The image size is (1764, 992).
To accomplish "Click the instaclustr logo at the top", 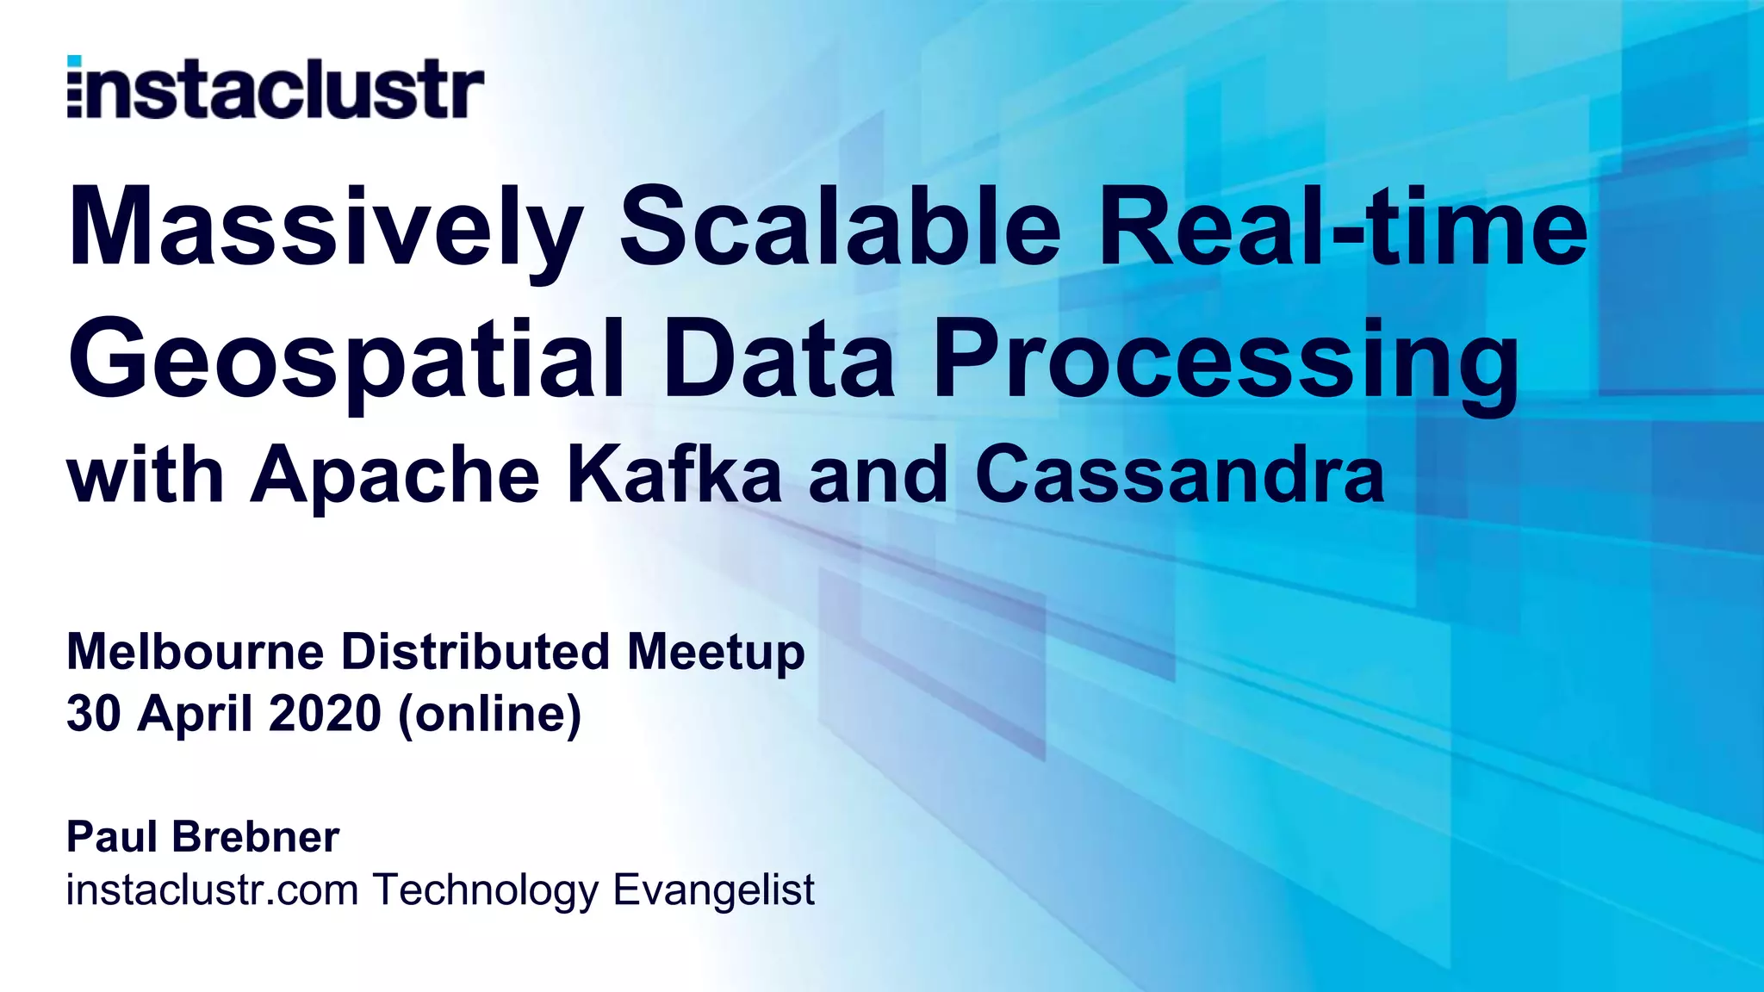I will [x=275, y=87].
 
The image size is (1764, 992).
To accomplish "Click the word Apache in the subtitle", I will [x=395, y=476].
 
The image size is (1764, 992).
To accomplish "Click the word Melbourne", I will [x=195, y=652].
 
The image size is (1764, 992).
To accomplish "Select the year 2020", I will [x=325, y=714].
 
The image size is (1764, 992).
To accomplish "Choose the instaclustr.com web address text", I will [x=212, y=890].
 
